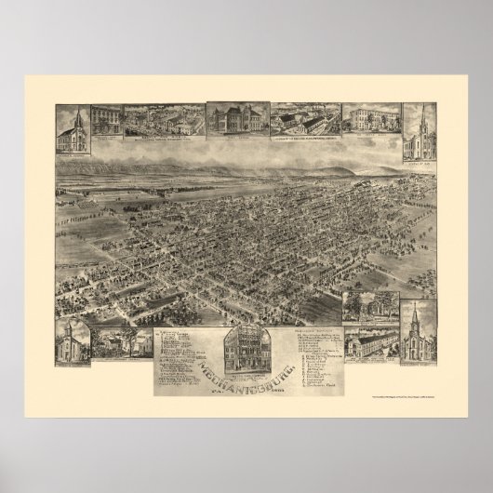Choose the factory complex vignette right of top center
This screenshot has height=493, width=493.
(x=304, y=121)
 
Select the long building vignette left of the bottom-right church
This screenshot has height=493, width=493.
(x=369, y=346)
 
